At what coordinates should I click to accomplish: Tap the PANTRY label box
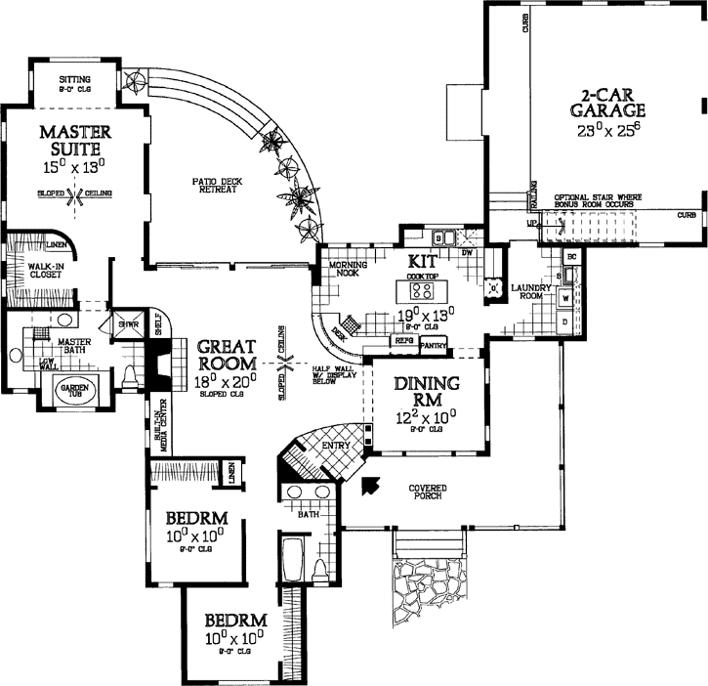pyautogui.click(x=433, y=345)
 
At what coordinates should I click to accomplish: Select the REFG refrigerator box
pyautogui.click(x=403, y=341)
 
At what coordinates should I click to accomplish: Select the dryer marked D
pyautogui.click(x=565, y=319)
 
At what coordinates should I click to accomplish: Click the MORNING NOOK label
pyautogui.click(x=347, y=271)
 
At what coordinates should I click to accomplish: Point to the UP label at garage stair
pyautogui.click(x=531, y=224)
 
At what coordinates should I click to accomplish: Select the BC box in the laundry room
pyautogui.click(x=571, y=256)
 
